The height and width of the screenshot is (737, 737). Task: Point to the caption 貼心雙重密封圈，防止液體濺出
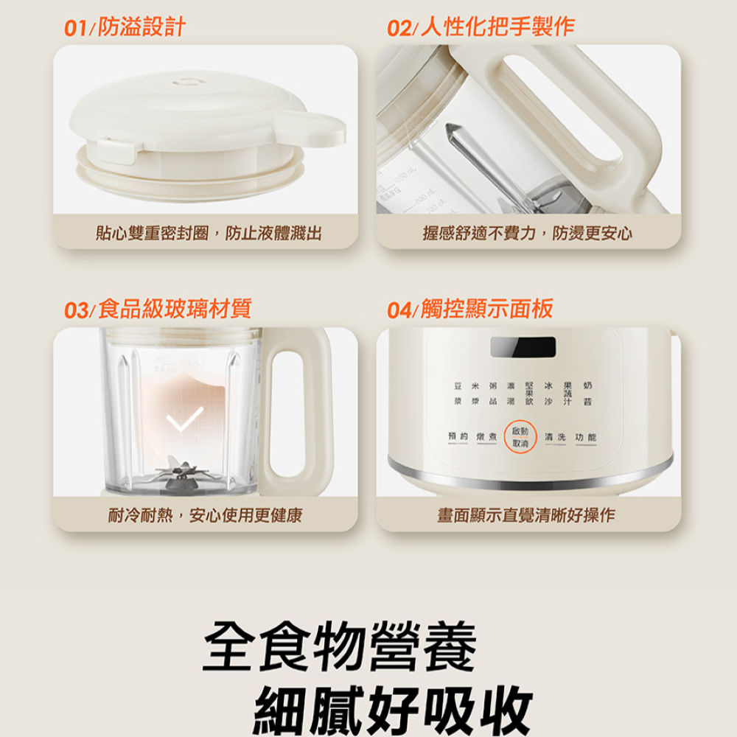209,234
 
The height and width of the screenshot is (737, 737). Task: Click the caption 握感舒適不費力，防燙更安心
527,234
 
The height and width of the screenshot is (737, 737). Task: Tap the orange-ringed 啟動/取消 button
520,437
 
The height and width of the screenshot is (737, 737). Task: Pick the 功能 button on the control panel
586,438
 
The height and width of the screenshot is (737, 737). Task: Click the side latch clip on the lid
115,150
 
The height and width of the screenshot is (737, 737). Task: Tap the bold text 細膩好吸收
392,709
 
